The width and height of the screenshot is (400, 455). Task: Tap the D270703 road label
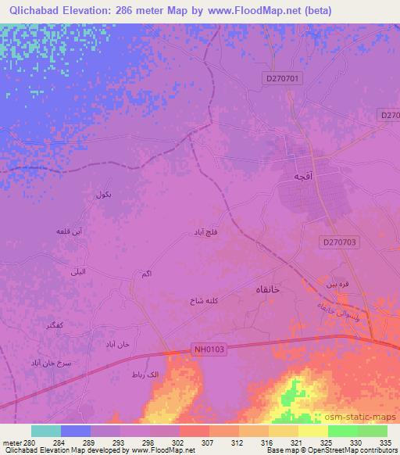click(339, 243)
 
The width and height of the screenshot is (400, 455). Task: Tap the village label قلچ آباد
click(208, 233)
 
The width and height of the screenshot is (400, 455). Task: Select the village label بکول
click(102, 194)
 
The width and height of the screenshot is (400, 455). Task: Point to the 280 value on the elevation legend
click(30, 442)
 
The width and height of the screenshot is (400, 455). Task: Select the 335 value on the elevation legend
click(384, 442)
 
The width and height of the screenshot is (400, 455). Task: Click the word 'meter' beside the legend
click(11, 442)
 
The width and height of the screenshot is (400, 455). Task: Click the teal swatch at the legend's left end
click(45, 431)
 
